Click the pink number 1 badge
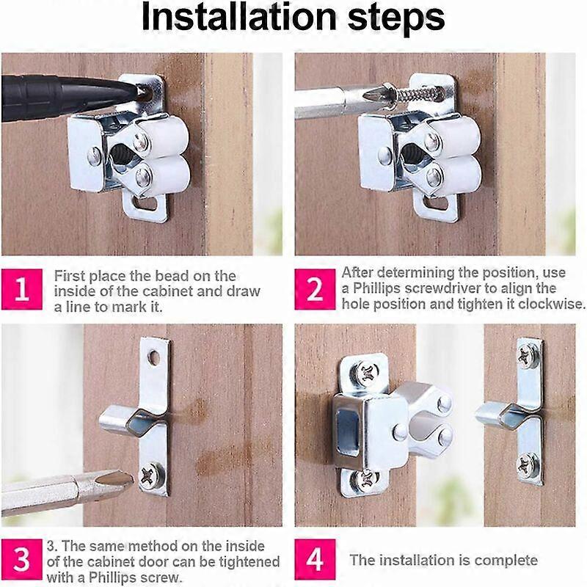(22, 289)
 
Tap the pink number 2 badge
(316, 289)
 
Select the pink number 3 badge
(22, 560)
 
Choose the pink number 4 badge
(316, 560)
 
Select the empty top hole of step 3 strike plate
(154, 357)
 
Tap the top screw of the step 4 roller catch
(365, 371)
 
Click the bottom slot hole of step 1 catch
(150, 206)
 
